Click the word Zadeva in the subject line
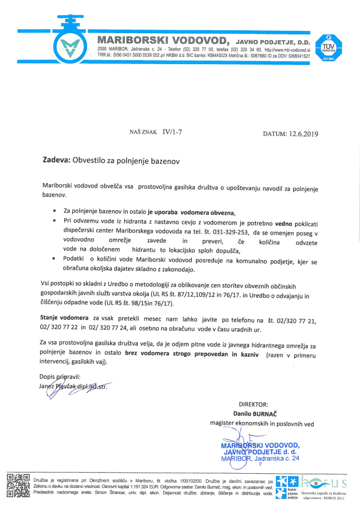click(x=56, y=161)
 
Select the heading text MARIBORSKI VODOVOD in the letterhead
click(x=163, y=40)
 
